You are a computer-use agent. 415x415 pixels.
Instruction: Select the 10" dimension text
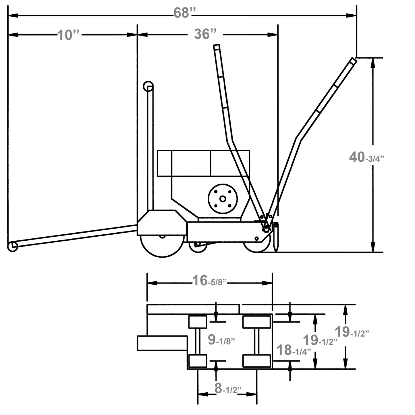click(x=68, y=35)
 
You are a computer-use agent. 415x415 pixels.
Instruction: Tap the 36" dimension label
click(x=205, y=34)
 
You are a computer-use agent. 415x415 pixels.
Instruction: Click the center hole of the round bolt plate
click(x=222, y=199)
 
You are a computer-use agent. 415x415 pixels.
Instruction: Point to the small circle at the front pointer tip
click(x=12, y=246)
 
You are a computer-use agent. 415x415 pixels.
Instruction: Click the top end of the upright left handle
click(x=216, y=47)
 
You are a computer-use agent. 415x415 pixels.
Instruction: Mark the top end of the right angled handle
click(x=352, y=61)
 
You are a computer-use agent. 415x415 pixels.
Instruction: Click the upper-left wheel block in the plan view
click(x=198, y=322)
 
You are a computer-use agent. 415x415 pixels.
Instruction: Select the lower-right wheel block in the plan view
click(x=257, y=361)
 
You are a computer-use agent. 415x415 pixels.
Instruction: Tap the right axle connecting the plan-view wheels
click(x=257, y=341)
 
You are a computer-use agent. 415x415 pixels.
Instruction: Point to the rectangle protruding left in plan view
click(x=162, y=343)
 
